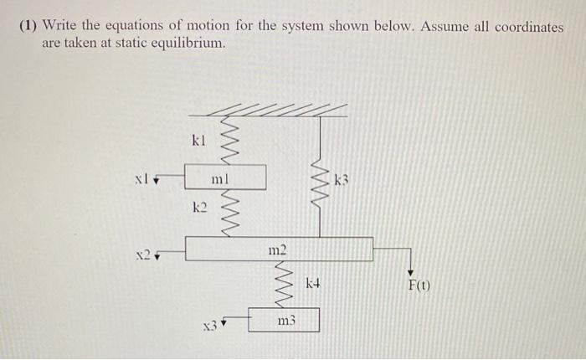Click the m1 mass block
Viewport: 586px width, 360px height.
221,177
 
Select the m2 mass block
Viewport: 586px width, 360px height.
279,249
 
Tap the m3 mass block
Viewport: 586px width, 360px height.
285,321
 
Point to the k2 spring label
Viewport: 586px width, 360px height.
198,206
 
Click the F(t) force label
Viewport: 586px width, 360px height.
419,286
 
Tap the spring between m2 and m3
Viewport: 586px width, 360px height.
285,285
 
